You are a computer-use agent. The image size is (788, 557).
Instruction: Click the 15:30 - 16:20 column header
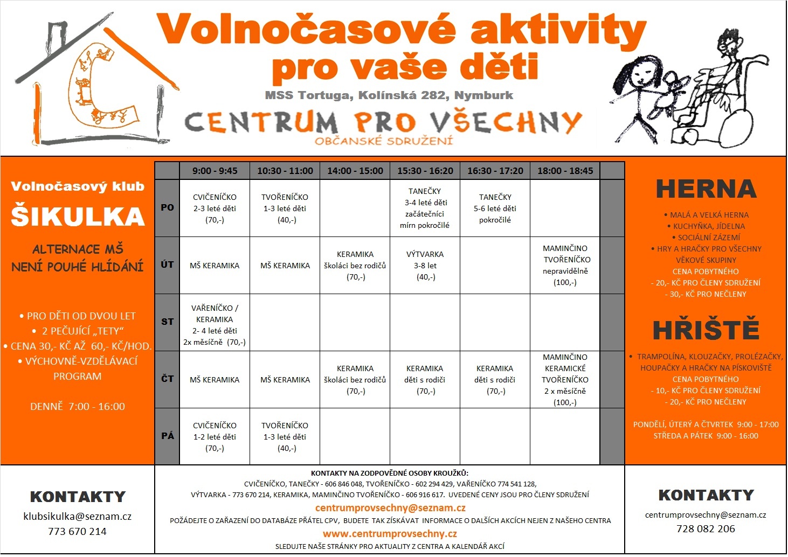pyautogui.click(x=425, y=171)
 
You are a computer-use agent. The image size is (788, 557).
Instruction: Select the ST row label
pyautogui.click(x=167, y=322)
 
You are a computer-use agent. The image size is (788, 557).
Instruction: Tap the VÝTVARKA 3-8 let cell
pyautogui.click(x=425, y=266)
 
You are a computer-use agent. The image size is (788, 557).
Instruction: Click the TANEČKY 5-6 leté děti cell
pyautogui.click(x=495, y=208)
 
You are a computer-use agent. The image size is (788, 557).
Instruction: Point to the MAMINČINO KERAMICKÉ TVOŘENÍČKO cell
pyautogui.click(x=565, y=380)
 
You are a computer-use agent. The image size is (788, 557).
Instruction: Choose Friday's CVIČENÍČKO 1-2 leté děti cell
pyautogui.click(x=215, y=437)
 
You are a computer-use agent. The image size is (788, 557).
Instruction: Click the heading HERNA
pyautogui.click(x=706, y=189)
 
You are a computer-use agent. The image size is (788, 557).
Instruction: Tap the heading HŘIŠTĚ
pyautogui.click(x=706, y=329)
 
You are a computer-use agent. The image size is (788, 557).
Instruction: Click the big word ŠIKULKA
pyautogui.click(x=78, y=215)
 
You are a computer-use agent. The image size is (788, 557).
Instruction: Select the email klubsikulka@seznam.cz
pyautogui.click(x=78, y=516)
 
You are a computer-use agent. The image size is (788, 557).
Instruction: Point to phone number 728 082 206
pyautogui.click(x=706, y=529)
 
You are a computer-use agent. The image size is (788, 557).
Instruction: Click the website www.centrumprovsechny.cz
pyautogui.click(x=390, y=534)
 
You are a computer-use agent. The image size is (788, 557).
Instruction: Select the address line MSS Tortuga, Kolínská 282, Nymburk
pyautogui.click(x=389, y=95)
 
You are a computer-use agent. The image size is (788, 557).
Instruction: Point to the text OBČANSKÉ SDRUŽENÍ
pyautogui.click(x=384, y=141)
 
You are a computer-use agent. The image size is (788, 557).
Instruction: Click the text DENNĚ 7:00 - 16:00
pyautogui.click(x=78, y=407)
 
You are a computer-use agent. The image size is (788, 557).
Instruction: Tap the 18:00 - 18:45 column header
pyautogui.click(x=565, y=171)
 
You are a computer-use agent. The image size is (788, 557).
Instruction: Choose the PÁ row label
pyautogui.click(x=167, y=436)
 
